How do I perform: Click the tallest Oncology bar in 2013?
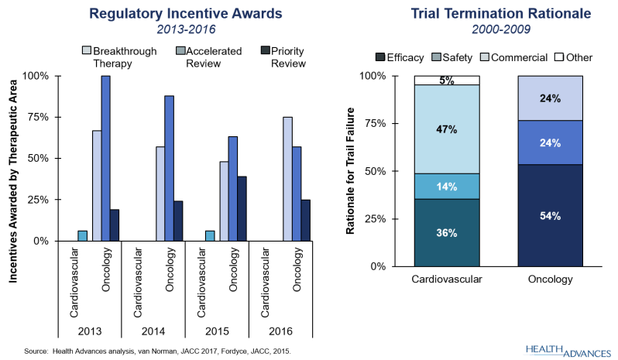[105, 159]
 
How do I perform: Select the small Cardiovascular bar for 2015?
[210, 236]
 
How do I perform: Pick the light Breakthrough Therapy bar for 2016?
[288, 179]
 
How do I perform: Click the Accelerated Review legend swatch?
[180, 51]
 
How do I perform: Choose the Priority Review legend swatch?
[266, 51]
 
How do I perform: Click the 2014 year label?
[153, 331]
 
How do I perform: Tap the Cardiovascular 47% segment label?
[447, 129]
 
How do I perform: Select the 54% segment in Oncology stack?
[550, 215]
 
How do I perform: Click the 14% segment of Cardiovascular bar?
[447, 187]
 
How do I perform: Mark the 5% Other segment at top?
[447, 81]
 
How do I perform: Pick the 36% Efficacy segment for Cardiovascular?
[447, 233]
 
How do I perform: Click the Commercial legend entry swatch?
[485, 57]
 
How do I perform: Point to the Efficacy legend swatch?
[380, 57]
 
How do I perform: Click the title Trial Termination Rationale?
[501, 13]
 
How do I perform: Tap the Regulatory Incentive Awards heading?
[186, 13]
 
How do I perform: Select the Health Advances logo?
[568, 351]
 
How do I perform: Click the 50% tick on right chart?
[373, 171]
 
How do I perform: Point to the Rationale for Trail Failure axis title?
[350, 171]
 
